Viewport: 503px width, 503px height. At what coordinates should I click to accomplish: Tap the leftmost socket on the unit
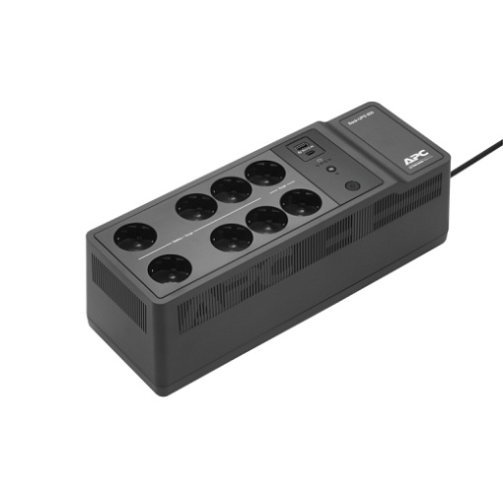point(135,238)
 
